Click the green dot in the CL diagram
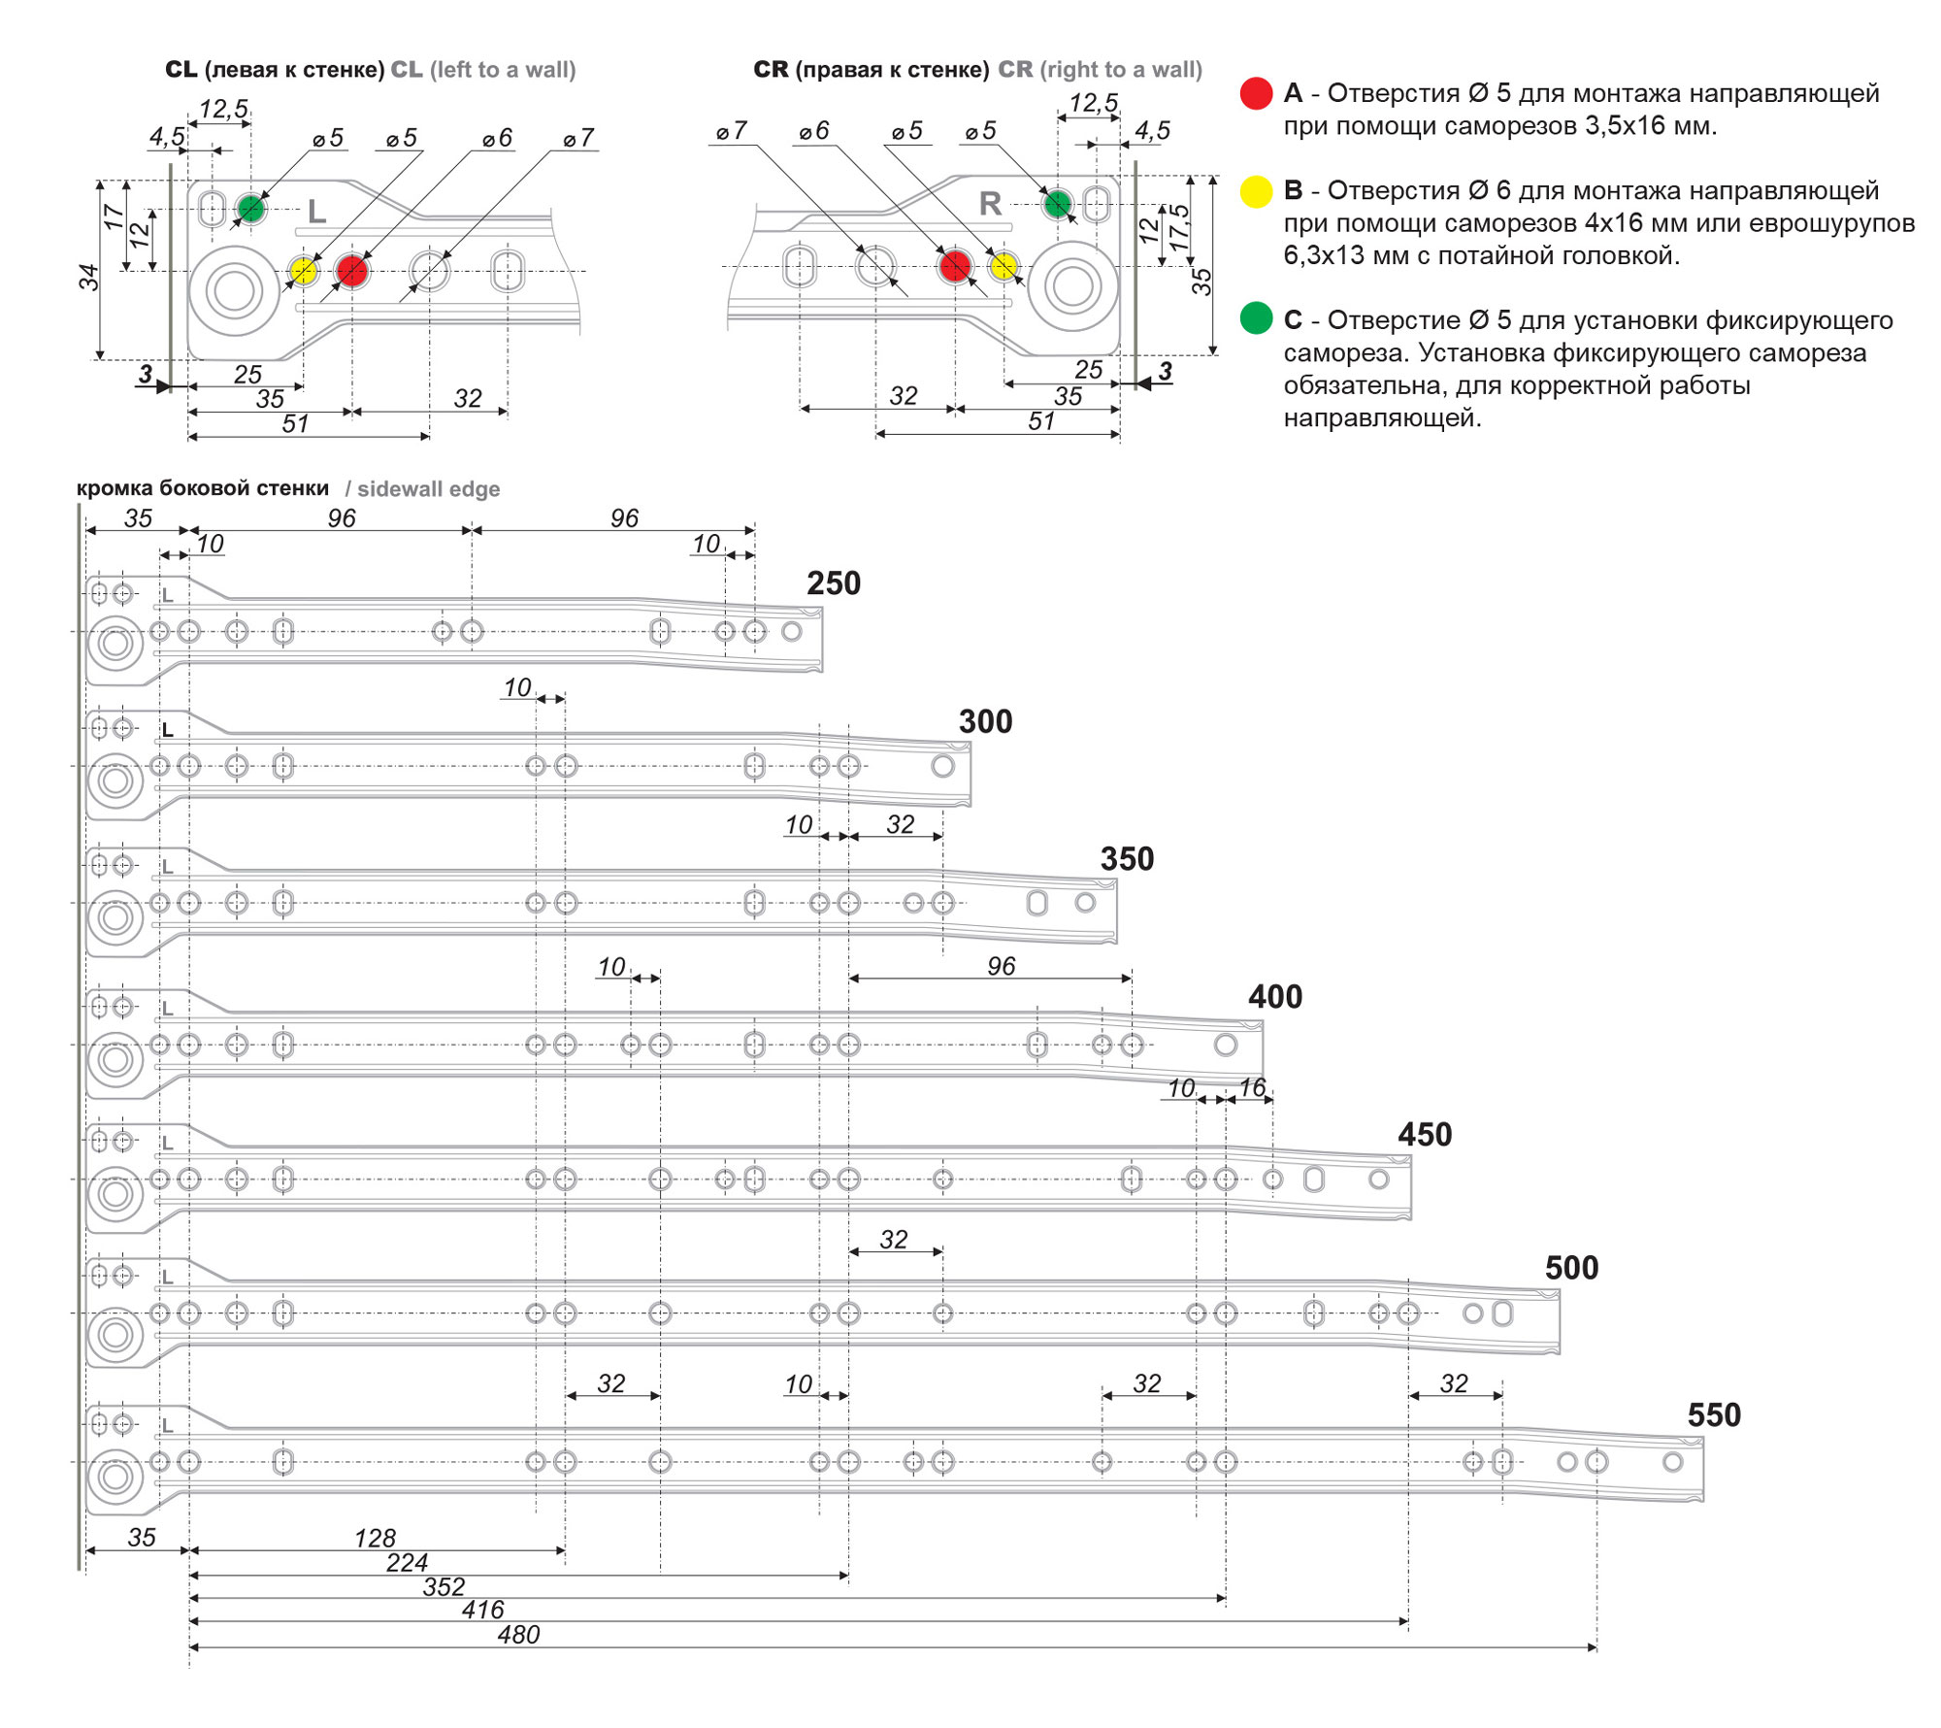tap(250, 208)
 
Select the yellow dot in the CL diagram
tap(304, 270)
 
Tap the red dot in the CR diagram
tap(955, 265)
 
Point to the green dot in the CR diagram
tap(1057, 204)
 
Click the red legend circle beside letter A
tap(1256, 93)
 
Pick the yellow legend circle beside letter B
tap(1256, 191)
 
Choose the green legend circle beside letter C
tap(1256, 318)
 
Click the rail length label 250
tap(834, 583)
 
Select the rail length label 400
tap(1275, 997)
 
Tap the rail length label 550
tap(1714, 1415)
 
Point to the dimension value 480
tap(518, 1635)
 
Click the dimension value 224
tap(407, 1563)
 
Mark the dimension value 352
tap(444, 1587)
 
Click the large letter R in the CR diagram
tap(990, 204)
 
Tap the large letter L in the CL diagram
tap(316, 211)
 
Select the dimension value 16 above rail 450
tap(1253, 1087)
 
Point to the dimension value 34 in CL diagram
tap(89, 278)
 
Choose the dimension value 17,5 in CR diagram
tap(1179, 228)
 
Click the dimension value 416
tap(482, 1611)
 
